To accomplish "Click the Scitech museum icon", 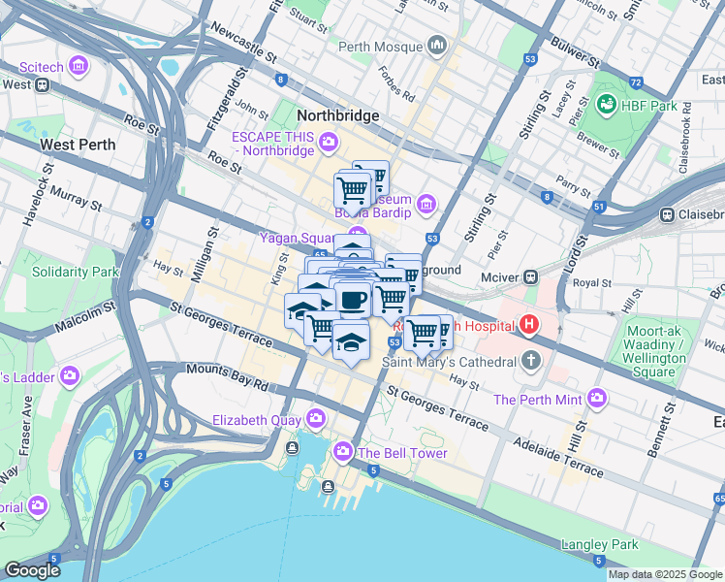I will (79, 67).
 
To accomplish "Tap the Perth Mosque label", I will (380, 47).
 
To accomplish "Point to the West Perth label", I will (78, 145).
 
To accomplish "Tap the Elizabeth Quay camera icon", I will (315, 419).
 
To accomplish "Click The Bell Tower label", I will (401, 453).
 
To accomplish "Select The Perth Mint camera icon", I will (596, 398).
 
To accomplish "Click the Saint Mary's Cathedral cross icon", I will (529, 362).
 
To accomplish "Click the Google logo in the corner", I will (33, 570).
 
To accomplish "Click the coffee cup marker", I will (355, 299).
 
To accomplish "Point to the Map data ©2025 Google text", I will (665, 574).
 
